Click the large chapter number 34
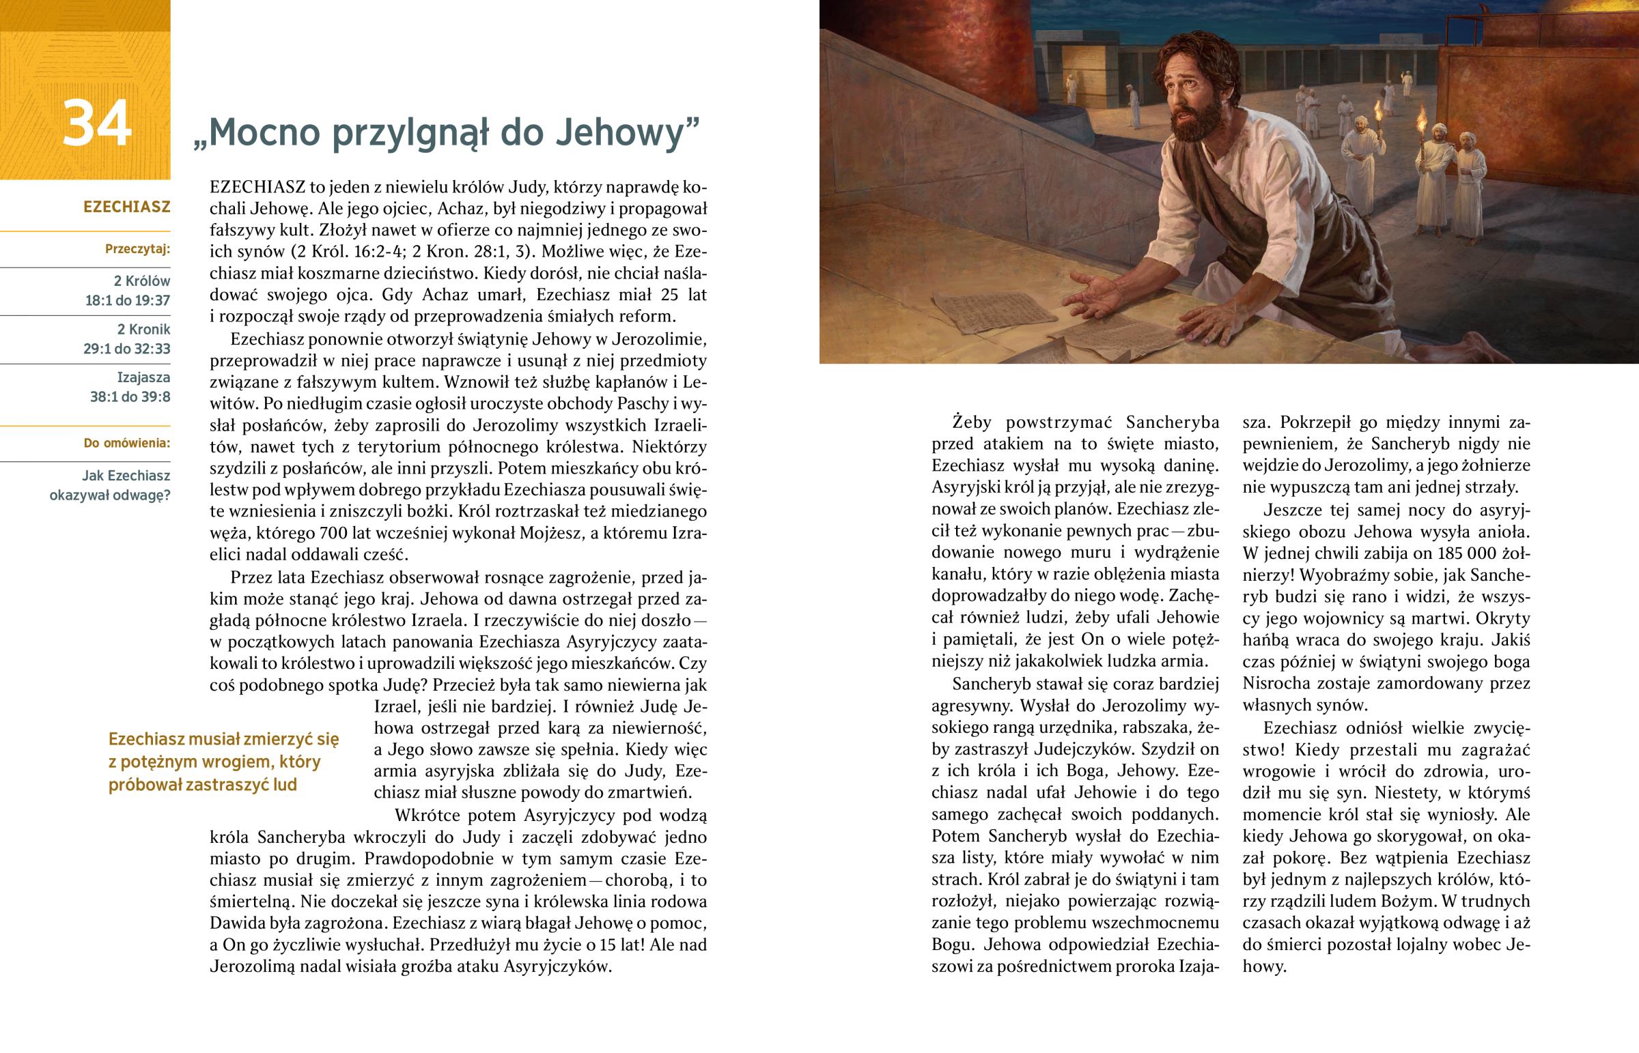96,124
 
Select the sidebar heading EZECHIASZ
126,207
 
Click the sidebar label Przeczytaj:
137,249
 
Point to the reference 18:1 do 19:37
127,300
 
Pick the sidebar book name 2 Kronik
143,329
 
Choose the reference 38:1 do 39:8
130,396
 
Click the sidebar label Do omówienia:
126,443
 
